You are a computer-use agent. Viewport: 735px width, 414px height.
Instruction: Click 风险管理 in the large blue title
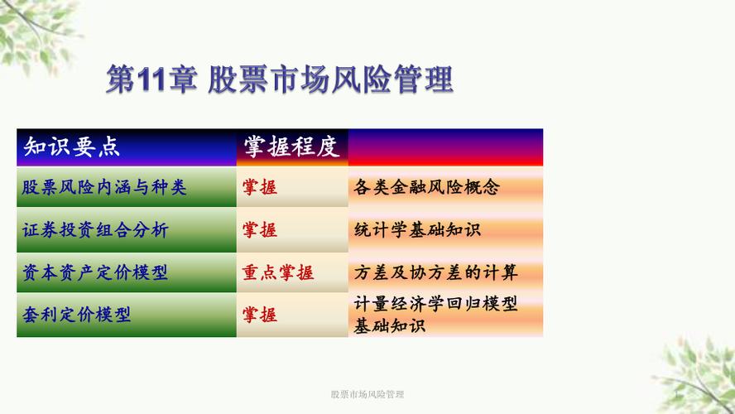tap(392, 79)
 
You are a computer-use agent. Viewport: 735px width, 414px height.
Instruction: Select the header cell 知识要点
tap(127, 147)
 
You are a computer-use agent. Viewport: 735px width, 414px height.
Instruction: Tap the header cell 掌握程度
tap(292, 147)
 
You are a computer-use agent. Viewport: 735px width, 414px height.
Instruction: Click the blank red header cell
tap(445, 147)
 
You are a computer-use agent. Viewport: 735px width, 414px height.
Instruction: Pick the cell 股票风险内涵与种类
tap(127, 187)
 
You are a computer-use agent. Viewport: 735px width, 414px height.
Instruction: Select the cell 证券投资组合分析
tap(127, 229)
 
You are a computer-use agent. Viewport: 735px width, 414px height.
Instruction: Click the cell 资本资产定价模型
tap(127, 272)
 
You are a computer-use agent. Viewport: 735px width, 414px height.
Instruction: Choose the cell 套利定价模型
tap(127, 315)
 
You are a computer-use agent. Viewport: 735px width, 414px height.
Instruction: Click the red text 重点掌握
tap(278, 272)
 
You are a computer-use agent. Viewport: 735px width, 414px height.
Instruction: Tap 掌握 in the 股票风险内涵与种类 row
tap(260, 187)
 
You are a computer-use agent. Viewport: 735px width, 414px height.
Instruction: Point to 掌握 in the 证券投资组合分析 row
tap(260, 229)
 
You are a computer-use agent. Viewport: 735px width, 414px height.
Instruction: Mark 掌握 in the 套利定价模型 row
tap(260, 315)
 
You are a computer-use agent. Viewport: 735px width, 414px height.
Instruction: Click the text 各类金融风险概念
tap(426, 187)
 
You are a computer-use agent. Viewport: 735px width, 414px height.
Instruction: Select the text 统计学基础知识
tap(417, 229)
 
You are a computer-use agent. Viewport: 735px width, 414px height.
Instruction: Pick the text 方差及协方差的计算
tap(435, 272)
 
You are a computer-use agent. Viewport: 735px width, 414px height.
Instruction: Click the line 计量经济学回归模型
tap(435, 304)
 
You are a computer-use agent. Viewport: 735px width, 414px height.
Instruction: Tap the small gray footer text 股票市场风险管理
tap(367, 394)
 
